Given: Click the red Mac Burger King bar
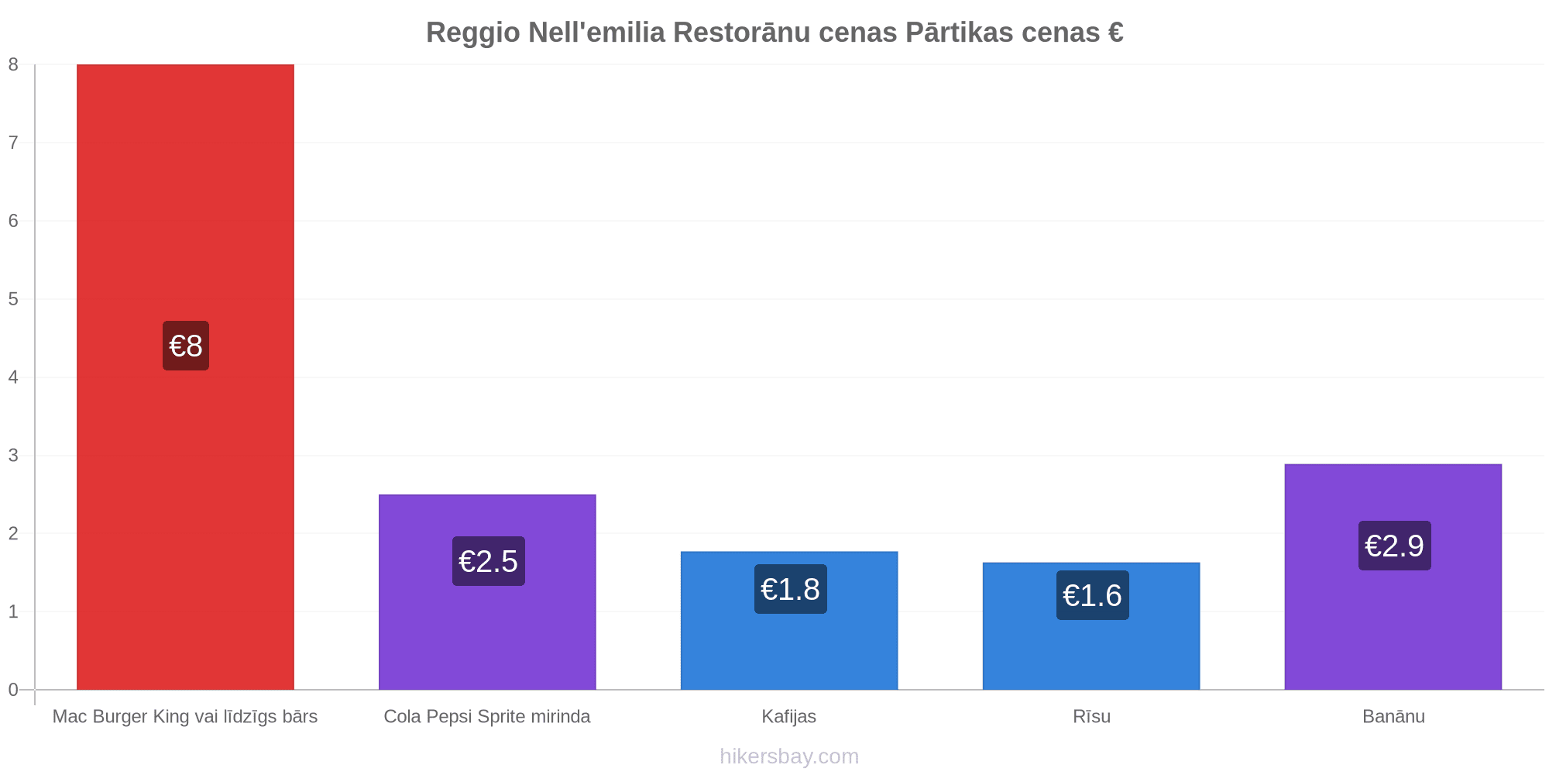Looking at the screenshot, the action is click(185, 377).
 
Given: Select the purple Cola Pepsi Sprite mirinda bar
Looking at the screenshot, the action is click(487, 592).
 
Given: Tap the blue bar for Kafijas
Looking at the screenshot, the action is click(789, 621).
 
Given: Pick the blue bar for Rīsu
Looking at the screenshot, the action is click(1091, 626).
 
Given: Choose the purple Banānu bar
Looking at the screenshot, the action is click(1393, 577).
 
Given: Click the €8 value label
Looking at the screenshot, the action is click(186, 346).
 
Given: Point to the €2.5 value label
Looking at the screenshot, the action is click(489, 561).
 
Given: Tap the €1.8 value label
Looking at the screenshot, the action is click(791, 589).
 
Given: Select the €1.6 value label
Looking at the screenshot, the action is click(1093, 595).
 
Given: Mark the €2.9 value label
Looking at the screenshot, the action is click(1395, 546).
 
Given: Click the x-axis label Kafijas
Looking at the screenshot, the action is click(789, 716).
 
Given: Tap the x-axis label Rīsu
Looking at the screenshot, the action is click(1092, 716).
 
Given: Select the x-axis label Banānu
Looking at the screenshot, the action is click(1394, 716).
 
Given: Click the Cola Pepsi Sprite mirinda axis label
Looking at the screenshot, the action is click(487, 716).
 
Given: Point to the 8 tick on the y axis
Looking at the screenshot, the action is click(13, 64).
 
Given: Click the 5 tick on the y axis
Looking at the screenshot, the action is click(13, 299).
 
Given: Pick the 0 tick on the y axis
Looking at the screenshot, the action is click(13, 690).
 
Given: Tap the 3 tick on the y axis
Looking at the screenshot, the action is click(13, 456).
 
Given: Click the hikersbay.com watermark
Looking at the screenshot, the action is click(789, 756).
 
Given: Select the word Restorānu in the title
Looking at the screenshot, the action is click(785, 33).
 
